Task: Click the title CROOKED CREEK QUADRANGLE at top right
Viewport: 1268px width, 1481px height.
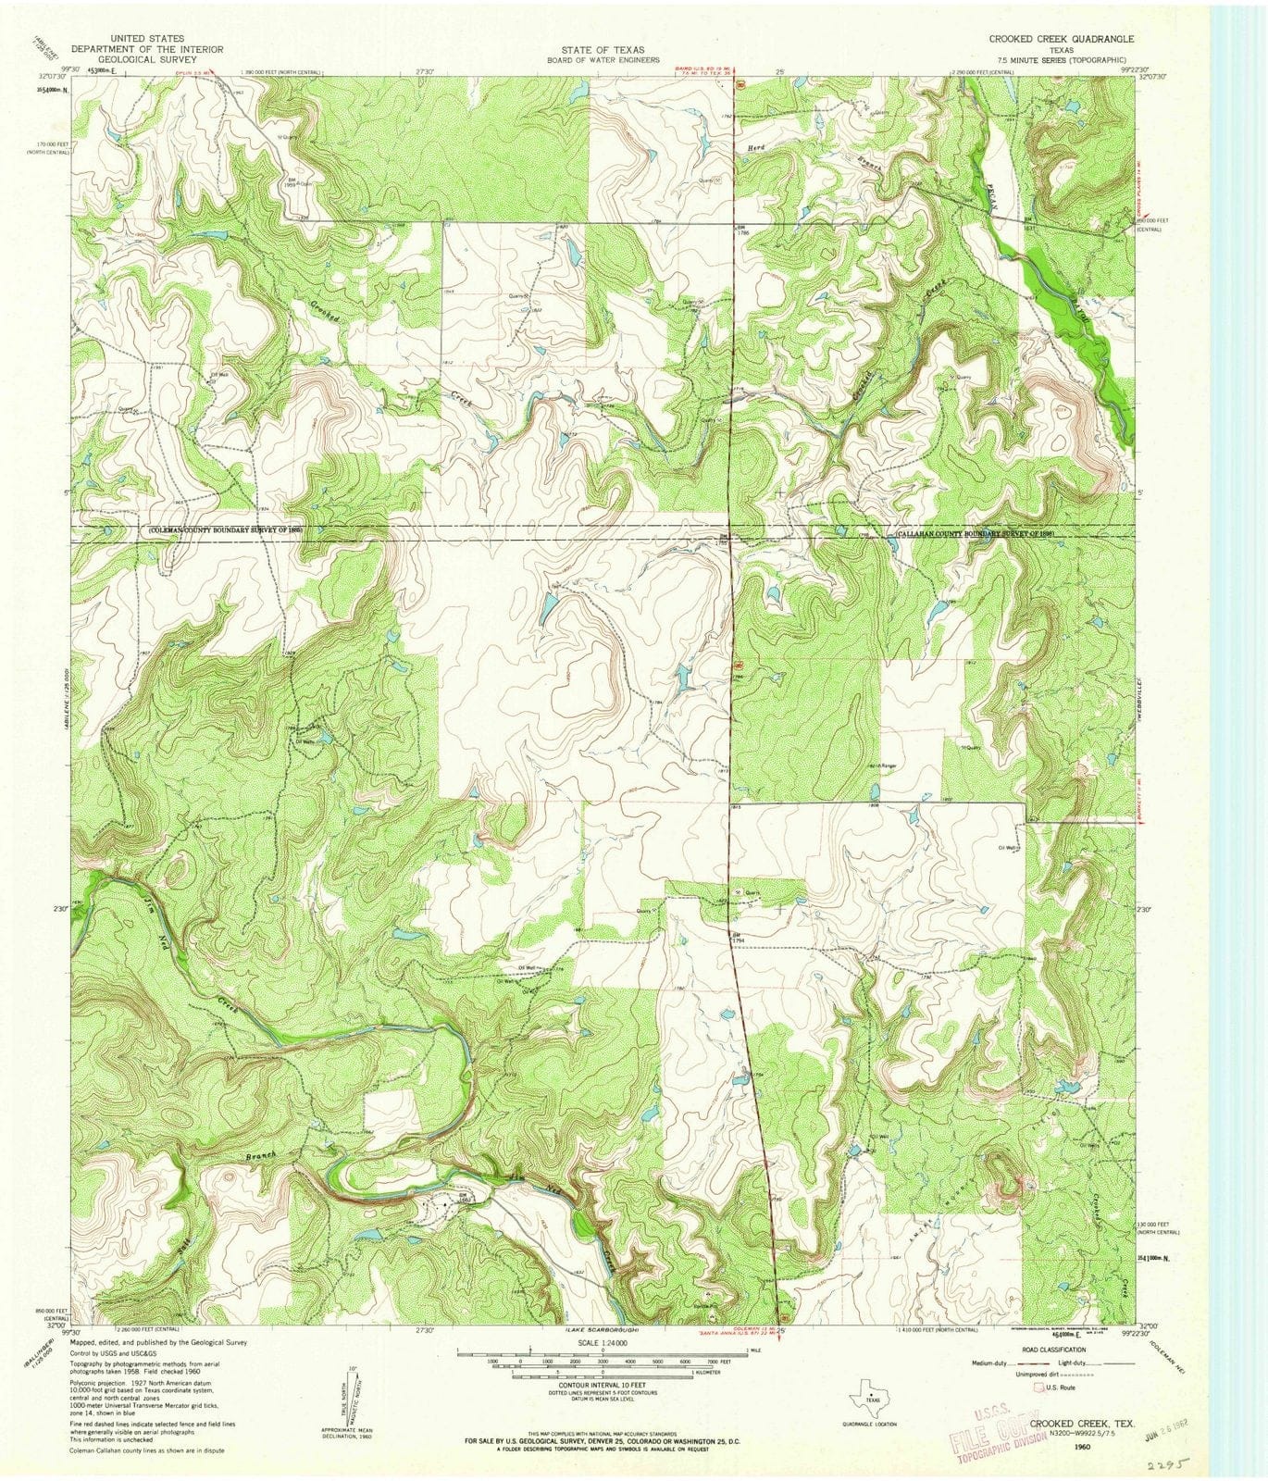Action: tap(1061, 40)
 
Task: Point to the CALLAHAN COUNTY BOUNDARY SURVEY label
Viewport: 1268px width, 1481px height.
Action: tap(976, 534)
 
